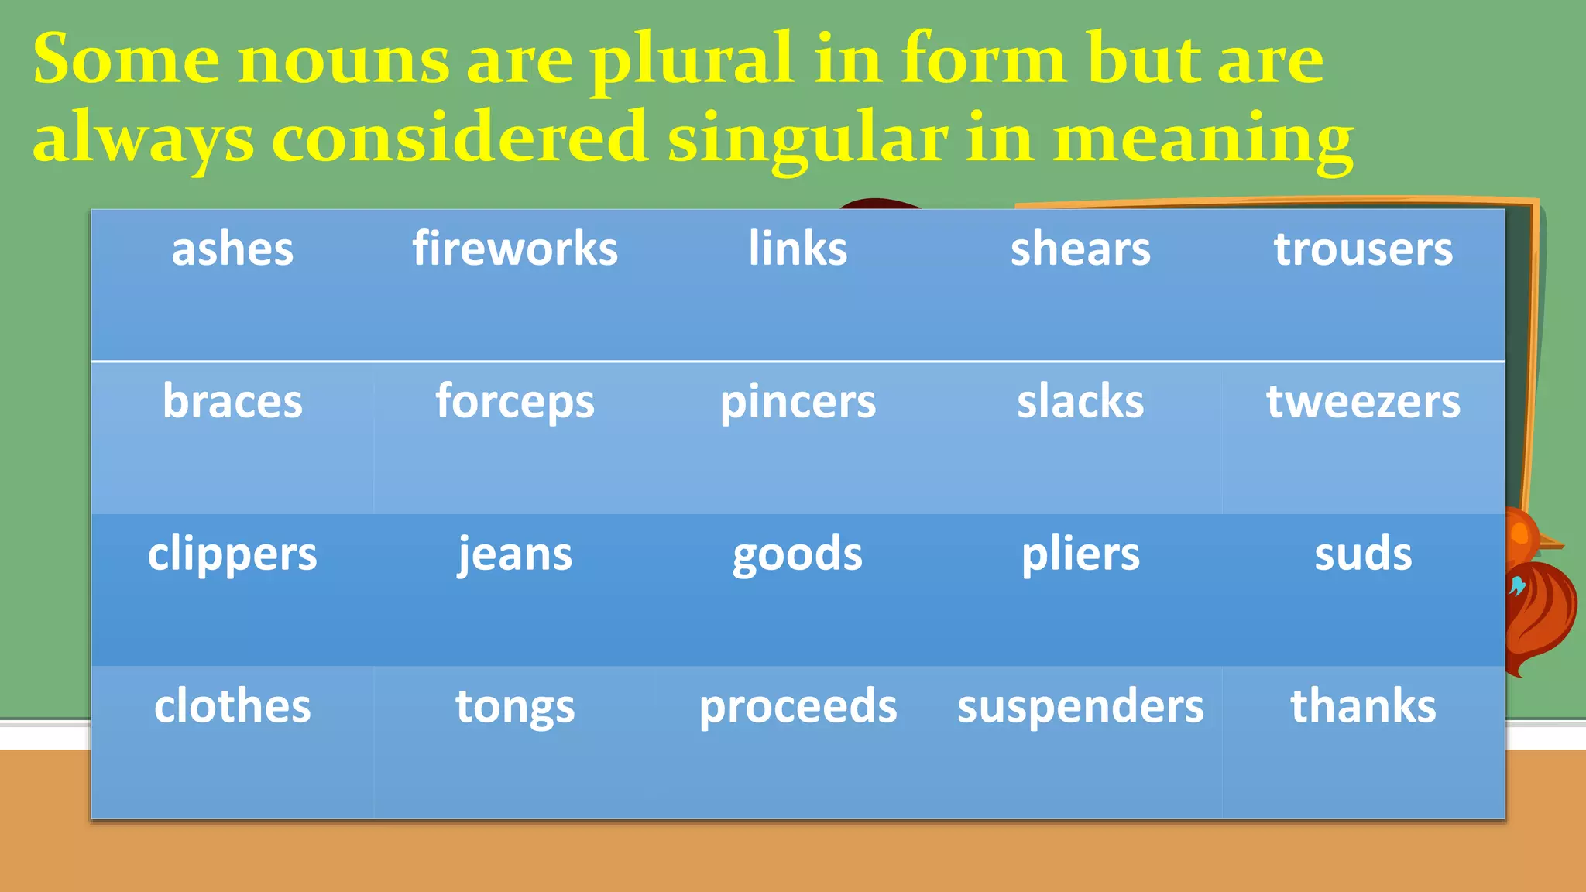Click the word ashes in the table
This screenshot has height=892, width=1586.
(232, 249)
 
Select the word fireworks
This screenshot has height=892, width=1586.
(515, 249)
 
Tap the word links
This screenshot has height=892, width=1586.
(798, 249)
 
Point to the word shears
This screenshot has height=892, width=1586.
(1080, 249)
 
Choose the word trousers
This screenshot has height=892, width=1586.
(1363, 249)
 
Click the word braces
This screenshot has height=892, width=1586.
(232, 402)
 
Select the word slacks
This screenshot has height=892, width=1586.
(1080, 402)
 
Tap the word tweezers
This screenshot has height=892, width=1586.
(1363, 402)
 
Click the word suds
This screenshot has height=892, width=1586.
(1363, 554)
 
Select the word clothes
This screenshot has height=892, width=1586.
(232, 706)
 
